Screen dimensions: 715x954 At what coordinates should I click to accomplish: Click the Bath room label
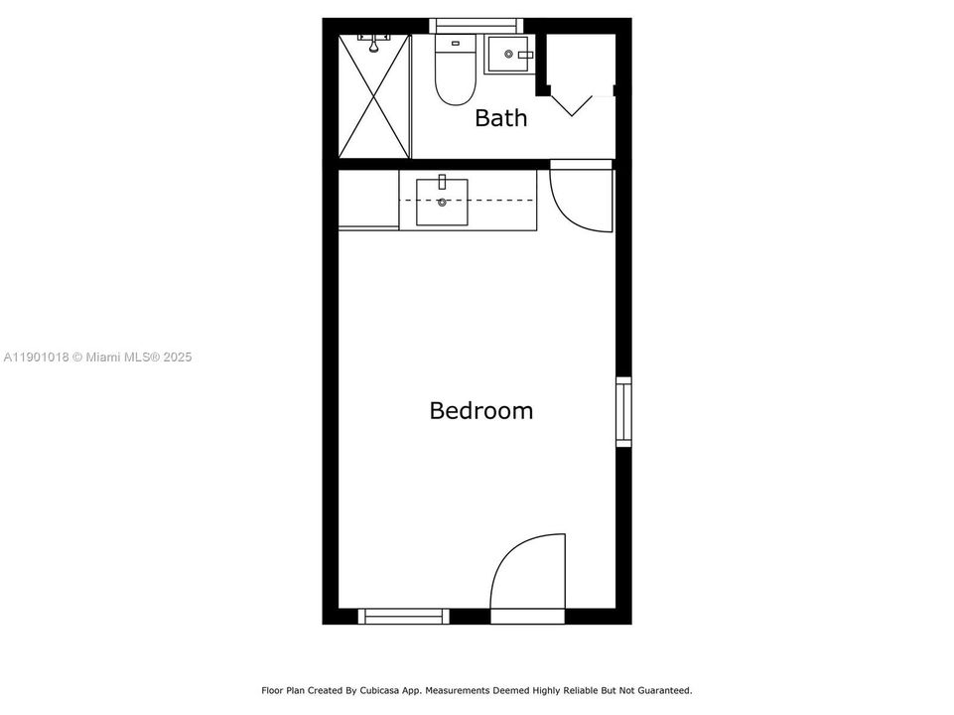[x=500, y=118]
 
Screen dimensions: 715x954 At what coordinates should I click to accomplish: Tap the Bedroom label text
[x=480, y=410]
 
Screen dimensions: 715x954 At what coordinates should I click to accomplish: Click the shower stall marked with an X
[x=374, y=96]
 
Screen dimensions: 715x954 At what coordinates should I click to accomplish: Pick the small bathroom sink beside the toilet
[x=509, y=55]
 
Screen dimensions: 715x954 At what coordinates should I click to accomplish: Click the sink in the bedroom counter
[x=442, y=201]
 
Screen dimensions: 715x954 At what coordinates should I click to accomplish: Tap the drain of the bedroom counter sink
[x=442, y=203]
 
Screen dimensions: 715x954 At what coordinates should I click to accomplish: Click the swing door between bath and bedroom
[x=582, y=199]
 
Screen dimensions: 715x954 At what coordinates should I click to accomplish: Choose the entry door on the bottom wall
[x=528, y=576]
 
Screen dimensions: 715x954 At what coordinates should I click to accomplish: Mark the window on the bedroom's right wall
[x=623, y=411]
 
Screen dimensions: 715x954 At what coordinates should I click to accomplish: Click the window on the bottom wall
[x=403, y=616]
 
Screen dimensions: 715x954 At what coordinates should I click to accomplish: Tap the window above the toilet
[x=475, y=25]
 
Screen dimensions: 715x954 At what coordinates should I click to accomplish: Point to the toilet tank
[x=456, y=43]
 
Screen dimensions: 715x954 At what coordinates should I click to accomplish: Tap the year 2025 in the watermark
[x=175, y=357]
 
